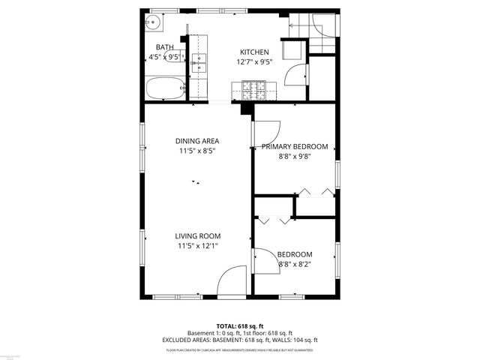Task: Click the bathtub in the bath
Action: click(x=163, y=88)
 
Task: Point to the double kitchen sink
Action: click(x=199, y=64)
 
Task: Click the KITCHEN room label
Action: click(x=253, y=52)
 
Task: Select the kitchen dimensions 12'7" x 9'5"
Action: click(x=253, y=62)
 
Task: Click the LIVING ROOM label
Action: click(x=199, y=235)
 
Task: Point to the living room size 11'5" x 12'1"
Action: click(x=199, y=245)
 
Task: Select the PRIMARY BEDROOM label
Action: click(x=295, y=147)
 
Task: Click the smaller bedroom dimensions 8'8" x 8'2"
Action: click(x=295, y=264)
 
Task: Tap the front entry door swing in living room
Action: click(x=232, y=282)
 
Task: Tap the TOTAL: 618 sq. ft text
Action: click(x=239, y=326)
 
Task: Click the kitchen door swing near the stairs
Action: click(x=297, y=76)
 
